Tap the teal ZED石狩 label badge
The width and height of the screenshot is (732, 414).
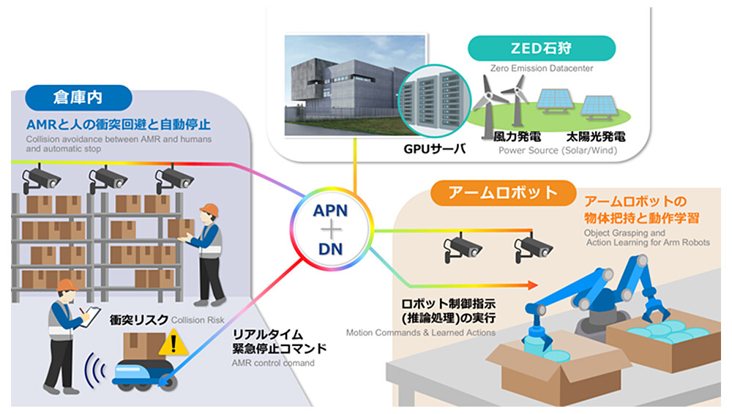(520, 50)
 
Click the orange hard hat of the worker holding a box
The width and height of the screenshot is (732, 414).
(209, 210)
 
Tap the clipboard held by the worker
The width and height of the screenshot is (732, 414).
(88, 315)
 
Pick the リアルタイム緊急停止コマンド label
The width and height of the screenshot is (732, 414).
(283, 342)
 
